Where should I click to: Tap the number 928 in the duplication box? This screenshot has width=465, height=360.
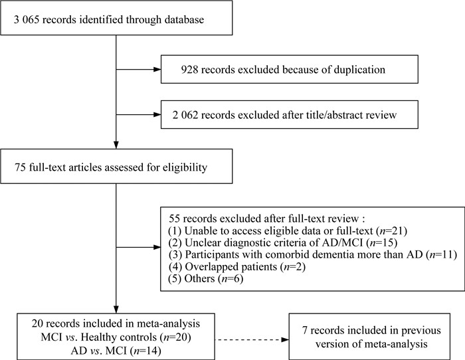coord(189,70)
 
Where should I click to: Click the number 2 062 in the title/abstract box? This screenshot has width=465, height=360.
coord(185,115)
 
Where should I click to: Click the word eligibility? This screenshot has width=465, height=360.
coord(185,167)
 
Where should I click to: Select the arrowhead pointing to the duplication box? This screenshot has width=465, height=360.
coord(157,70)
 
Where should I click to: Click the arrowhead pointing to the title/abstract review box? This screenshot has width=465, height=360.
coord(157,115)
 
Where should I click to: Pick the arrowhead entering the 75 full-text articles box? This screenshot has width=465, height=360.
coord(116,145)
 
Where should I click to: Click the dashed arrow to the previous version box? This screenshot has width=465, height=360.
coord(252,339)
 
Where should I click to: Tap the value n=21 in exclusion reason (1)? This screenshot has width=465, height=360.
coord(391,230)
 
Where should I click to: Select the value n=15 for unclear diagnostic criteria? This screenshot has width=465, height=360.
coord(381,242)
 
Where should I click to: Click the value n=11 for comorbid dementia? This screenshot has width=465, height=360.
coord(440,254)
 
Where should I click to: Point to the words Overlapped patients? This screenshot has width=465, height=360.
coord(231,266)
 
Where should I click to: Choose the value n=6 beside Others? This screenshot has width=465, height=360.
coord(231,278)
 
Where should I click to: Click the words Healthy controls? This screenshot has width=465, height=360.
coord(119,337)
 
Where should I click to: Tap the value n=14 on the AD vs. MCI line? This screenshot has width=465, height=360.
coord(147,351)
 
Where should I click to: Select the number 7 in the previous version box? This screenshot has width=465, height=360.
coord(305,330)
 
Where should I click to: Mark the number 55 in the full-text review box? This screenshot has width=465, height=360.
coord(175,219)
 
